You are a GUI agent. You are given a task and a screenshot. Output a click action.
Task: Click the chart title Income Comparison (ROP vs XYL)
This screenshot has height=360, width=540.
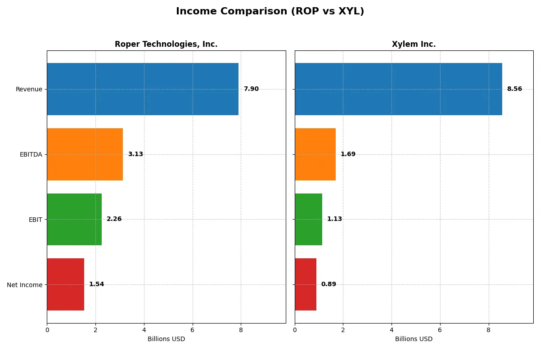(x=270, y=11)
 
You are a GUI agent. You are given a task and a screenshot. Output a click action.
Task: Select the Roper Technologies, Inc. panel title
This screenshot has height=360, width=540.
(x=166, y=44)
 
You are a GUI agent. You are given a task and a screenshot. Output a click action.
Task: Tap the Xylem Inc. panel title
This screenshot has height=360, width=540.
(x=414, y=44)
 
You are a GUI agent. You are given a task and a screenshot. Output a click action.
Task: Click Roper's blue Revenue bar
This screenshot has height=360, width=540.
(x=143, y=89)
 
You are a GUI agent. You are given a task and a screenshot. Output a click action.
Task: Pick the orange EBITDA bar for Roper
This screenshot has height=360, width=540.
(x=85, y=154)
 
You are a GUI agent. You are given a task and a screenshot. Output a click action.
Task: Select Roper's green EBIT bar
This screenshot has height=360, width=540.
(x=74, y=220)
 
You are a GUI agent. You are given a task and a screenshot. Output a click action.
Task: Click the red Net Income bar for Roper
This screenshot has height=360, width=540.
(x=65, y=284)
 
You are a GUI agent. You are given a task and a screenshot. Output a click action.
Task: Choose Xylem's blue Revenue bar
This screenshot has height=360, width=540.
(x=398, y=89)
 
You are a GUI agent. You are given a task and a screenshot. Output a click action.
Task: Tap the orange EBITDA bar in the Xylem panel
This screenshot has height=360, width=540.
(x=315, y=154)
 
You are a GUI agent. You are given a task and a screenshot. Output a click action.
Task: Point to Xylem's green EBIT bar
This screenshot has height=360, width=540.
(x=308, y=220)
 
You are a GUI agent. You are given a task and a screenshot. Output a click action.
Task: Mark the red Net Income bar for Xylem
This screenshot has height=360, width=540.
(x=306, y=284)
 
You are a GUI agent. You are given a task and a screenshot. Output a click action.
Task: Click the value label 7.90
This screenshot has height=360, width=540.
(x=251, y=89)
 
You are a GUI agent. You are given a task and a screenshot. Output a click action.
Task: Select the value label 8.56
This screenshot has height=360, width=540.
(x=514, y=89)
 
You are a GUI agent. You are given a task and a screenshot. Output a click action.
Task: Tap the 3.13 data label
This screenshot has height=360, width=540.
(x=135, y=154)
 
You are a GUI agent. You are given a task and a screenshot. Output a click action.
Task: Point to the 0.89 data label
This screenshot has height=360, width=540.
(x=328, y=284)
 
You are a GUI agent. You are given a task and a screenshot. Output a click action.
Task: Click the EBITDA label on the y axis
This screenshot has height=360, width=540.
(x=31, y=154)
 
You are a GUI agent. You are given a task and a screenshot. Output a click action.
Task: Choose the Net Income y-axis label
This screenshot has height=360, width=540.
(x=25, y=285)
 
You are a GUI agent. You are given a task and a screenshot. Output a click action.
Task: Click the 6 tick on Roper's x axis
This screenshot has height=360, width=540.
(x=193, y=330)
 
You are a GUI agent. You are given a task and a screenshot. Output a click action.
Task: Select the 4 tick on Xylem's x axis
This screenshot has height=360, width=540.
(x=391, y=330)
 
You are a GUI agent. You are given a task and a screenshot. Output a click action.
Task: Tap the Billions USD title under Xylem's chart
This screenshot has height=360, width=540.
(x=414, y=339)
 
